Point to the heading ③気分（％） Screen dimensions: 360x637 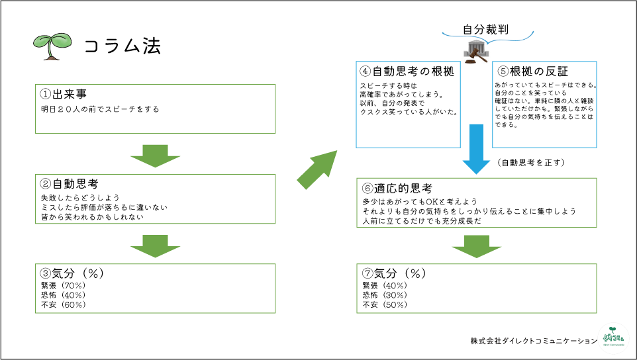click(73, 273)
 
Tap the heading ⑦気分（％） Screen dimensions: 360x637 click(393, 273)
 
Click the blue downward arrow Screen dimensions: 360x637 click(475, 149)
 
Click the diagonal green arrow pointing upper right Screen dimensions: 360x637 click(317, 169)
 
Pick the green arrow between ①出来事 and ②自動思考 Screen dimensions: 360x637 click(155, 156)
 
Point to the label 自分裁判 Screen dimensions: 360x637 click(485, 29)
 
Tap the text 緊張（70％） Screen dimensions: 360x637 click(63, 285)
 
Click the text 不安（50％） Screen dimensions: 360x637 click(385, 305)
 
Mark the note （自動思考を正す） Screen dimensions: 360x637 click(530, 163)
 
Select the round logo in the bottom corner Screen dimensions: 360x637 click(613, 336)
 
